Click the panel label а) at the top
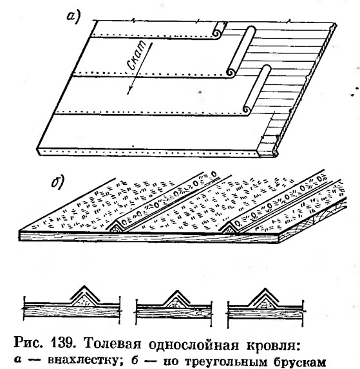tap(73, 17)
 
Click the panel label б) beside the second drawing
tap(57, 182)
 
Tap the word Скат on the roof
tap(138, 55)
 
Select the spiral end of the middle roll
tap(231, 73)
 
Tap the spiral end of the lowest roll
tap(247, 110)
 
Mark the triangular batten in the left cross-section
tap(84, 301)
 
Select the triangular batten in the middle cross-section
tap(176, 303)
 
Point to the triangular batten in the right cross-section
tap(265, 303)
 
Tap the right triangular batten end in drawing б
tap(229, 229)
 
